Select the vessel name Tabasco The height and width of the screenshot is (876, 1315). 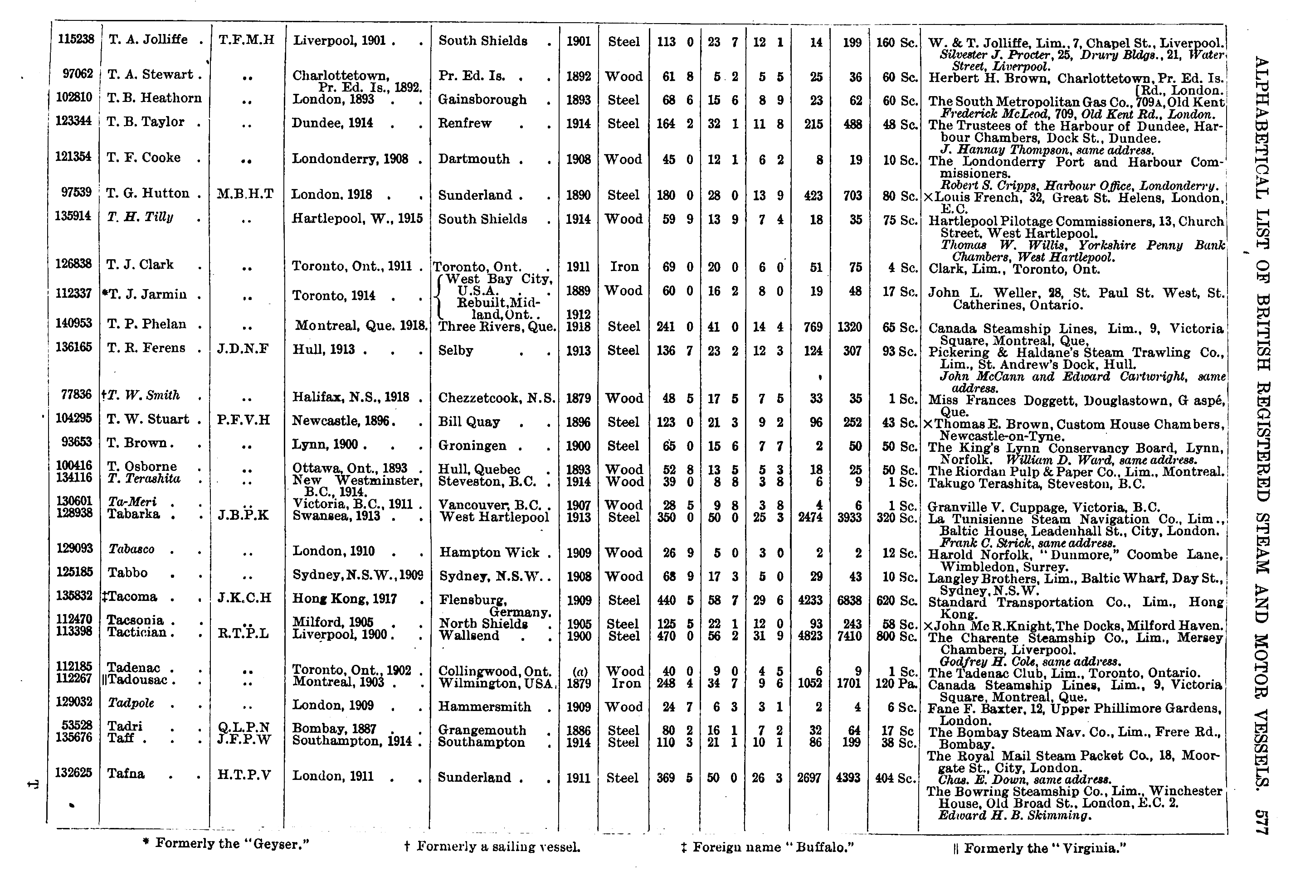[131, 549]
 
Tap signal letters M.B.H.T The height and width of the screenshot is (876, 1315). [245, 194]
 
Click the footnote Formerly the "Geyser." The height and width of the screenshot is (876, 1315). [227, 843]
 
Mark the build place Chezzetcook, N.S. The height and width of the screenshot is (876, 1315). [496, 398]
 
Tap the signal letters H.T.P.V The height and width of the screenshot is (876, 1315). [244, 775]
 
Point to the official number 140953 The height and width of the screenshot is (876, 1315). [74, 323]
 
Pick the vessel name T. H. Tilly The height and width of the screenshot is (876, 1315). [140, 218]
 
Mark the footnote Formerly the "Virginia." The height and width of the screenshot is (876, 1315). [1039, 848]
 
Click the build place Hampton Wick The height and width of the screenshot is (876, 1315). [489, 552]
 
